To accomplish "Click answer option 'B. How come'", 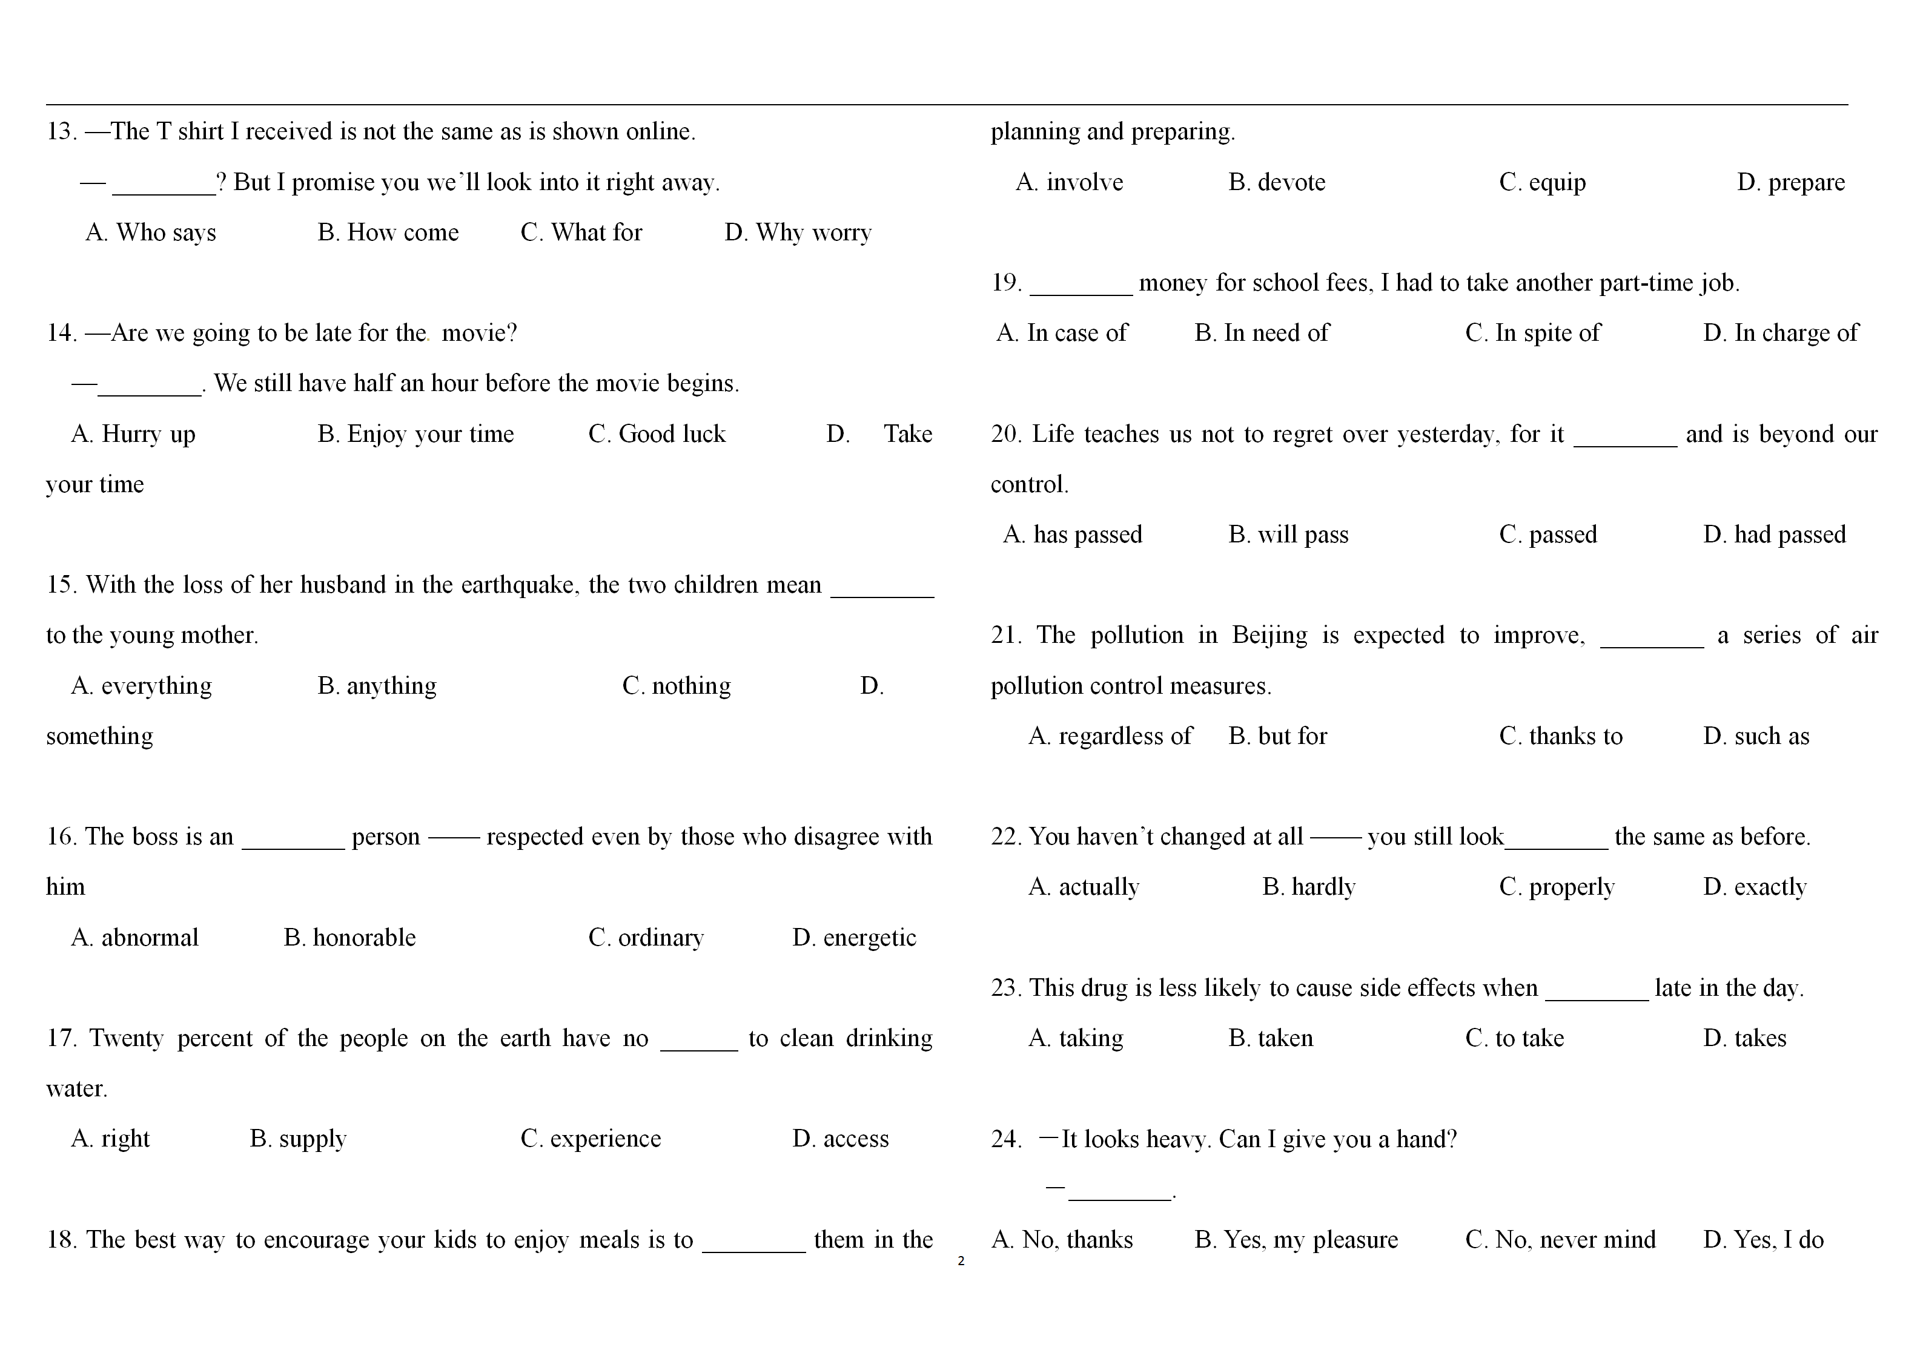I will tap(388, 233).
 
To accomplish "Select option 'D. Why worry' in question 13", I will tap(797, 233).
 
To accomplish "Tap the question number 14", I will tap(61, 334).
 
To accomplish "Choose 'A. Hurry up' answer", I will tap(133, 435).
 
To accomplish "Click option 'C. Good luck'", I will tap(657, 435).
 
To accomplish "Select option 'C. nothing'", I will tap(676, 686).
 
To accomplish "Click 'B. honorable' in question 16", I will tap(349, 938).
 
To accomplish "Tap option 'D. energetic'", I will tap(854, 938).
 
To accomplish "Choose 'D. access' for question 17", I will tap(840, 1139).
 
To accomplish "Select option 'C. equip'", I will tap(1542, 183).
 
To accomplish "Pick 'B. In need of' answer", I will tap(1262, 334).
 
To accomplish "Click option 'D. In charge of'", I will tap(1780, 334).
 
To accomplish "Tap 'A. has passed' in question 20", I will tap(1072, 535).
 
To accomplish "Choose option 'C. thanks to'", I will tap(1560, 737).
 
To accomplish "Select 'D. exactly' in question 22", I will tap(1755, 887).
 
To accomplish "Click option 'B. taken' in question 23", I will tap(1271, 1038).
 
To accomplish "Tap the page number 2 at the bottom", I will tap(961, 1261).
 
